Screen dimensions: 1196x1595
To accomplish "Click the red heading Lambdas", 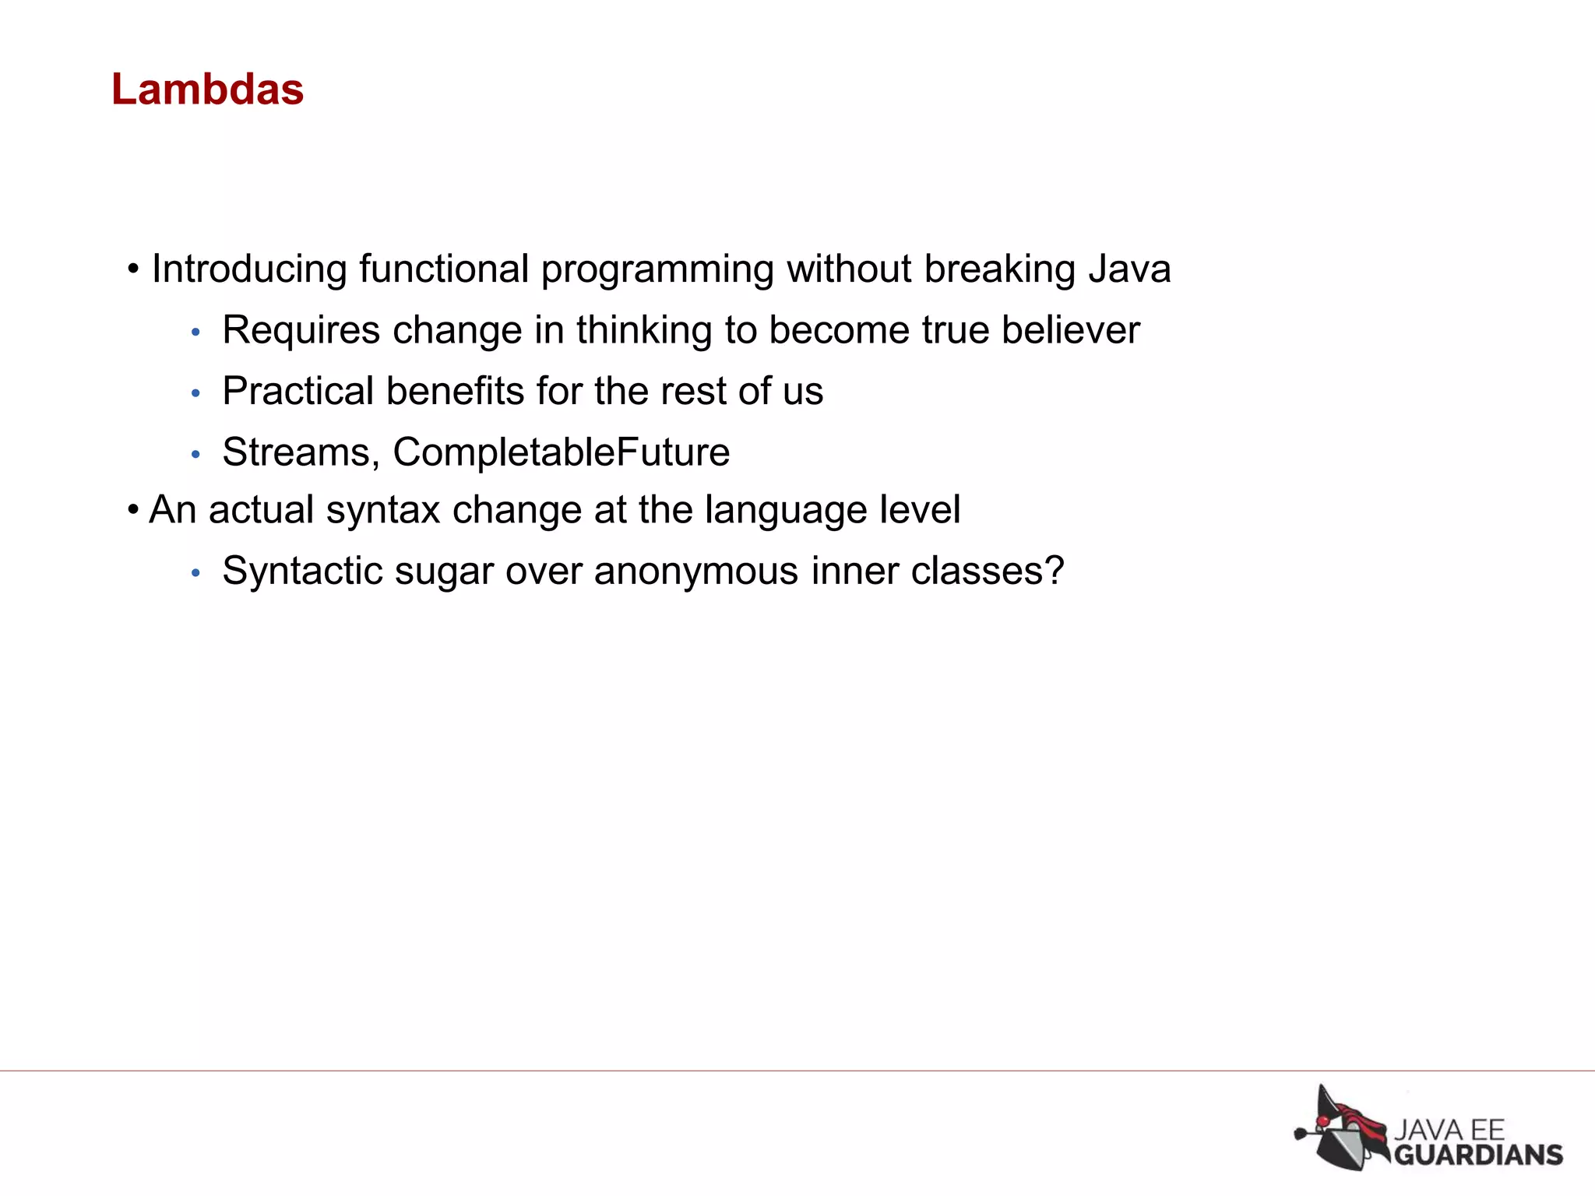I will (207, 90).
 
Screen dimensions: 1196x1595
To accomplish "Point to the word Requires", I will (301, 330).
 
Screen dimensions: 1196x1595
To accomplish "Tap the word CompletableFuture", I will (561, 452).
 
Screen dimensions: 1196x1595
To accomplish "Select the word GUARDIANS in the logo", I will (1477, 1155).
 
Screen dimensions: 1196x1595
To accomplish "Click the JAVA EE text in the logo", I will (1449, 1129).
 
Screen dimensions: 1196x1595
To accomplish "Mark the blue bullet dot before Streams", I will (196, 454).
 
